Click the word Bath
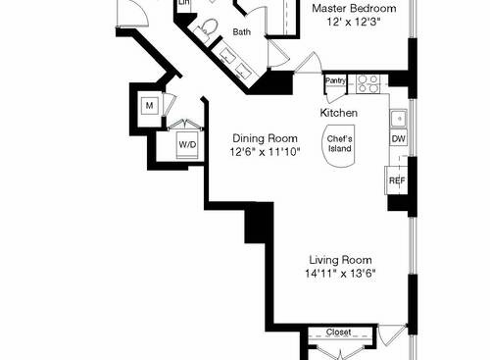241,32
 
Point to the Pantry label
334,80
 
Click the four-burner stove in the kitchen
367,84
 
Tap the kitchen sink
398,119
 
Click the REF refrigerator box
397,180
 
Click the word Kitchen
338,114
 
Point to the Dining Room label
265,138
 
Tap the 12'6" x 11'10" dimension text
265,152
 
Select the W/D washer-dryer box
185,145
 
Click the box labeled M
150,105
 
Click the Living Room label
341,260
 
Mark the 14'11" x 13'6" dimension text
341,274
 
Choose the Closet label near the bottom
338,332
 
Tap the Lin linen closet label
183,4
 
